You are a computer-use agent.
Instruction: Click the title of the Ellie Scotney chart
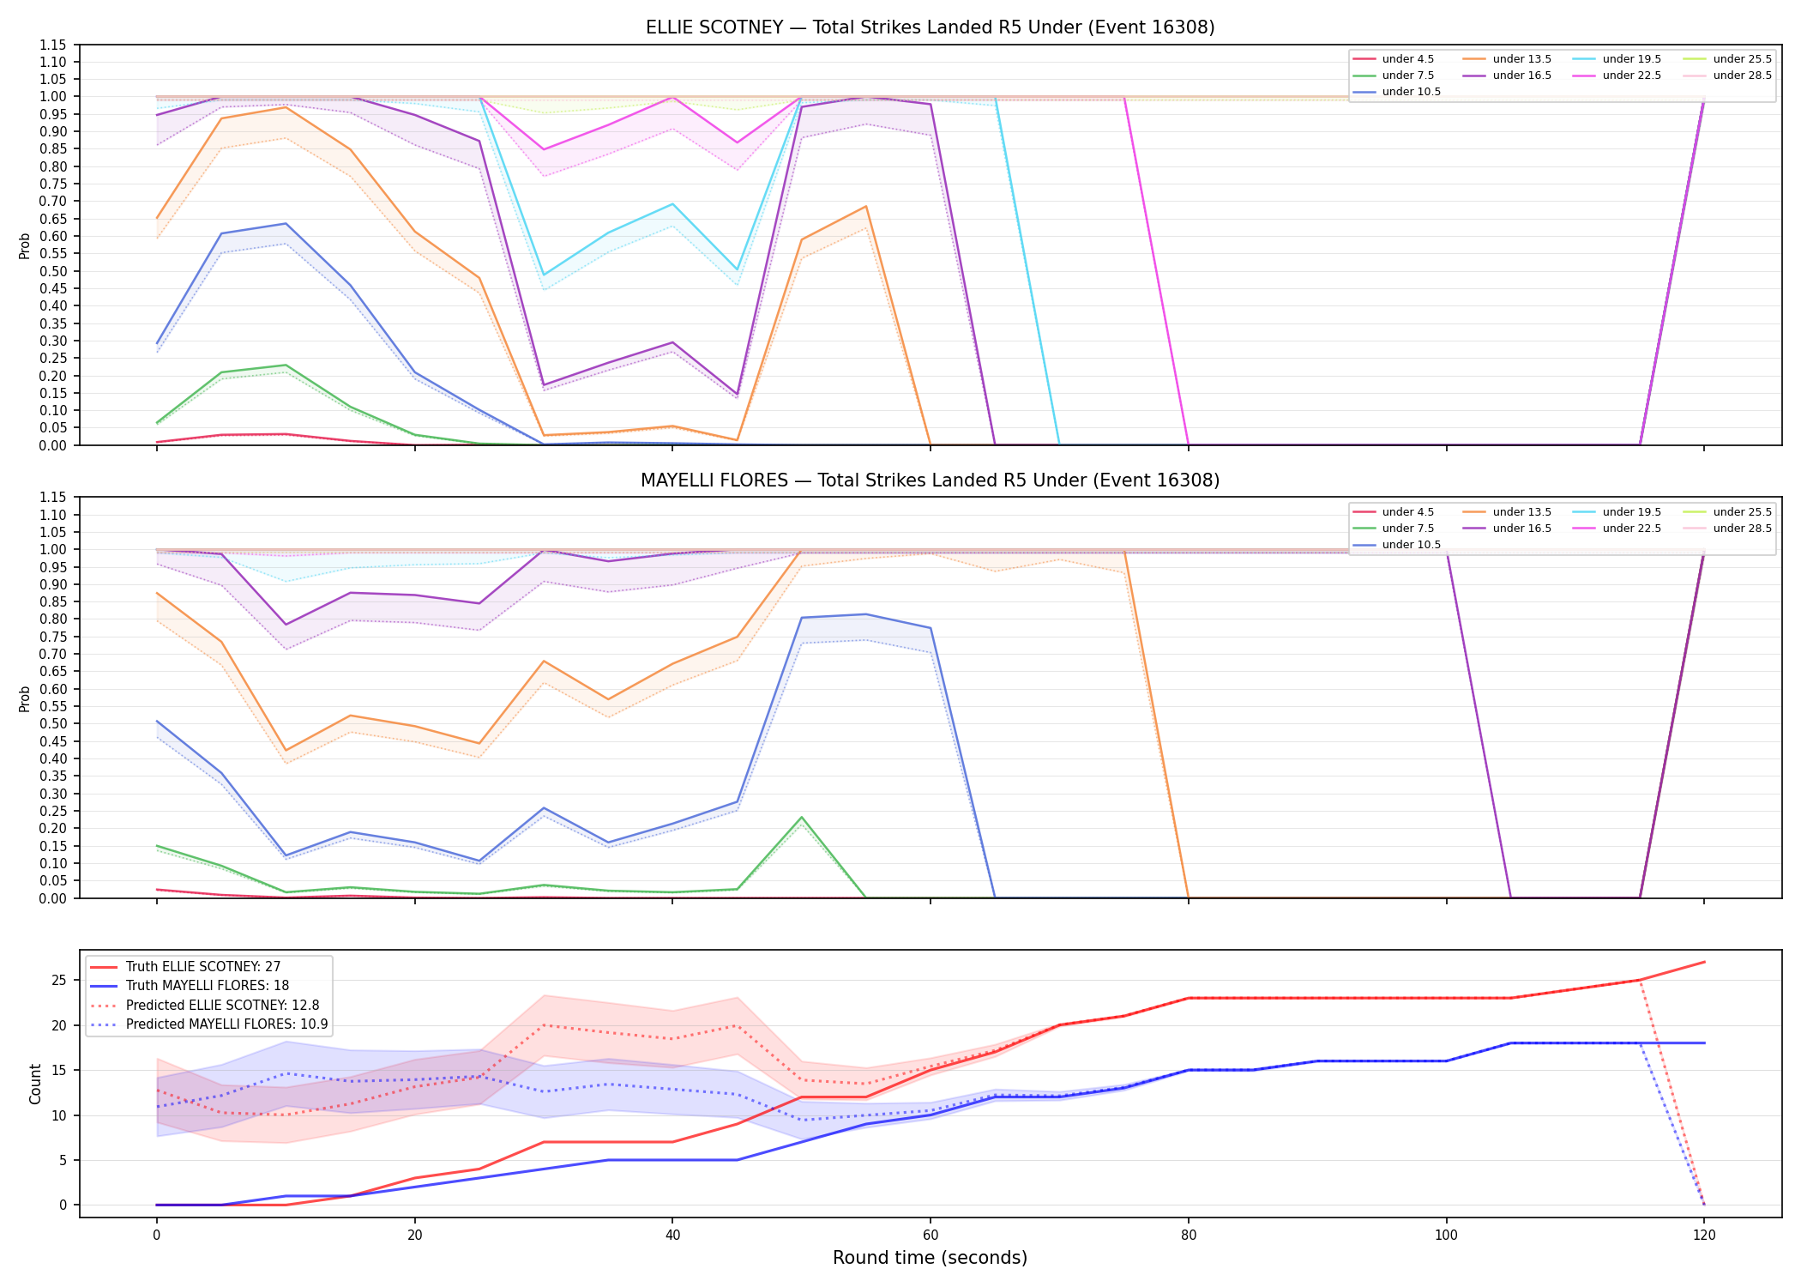(930, 27)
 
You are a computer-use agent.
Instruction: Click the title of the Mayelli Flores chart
(930, 480)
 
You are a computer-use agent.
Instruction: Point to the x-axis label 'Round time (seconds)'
(930, 1258)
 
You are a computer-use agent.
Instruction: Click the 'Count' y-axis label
(35, 1084)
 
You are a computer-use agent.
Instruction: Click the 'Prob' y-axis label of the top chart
(25, 245)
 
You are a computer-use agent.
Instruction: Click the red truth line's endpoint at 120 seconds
(1704, 962)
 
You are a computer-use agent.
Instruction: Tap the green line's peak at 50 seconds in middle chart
(801, 817)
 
